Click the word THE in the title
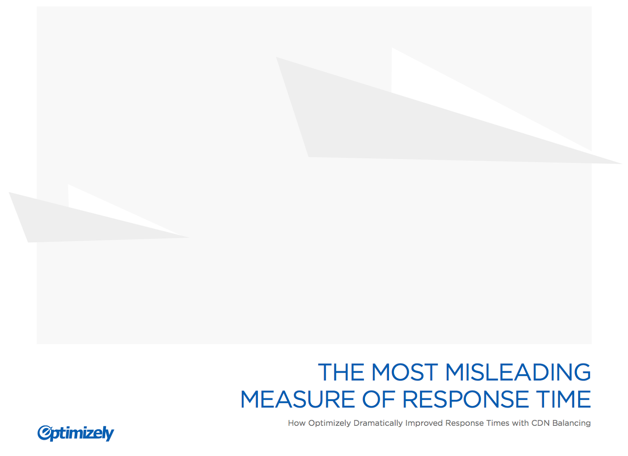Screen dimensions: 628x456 coord(341,372)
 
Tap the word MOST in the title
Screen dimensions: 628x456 coord(405,372)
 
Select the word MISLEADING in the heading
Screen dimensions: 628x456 coord(518,372)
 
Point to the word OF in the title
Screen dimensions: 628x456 coord(378,399)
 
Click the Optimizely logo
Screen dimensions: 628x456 coord(76,433)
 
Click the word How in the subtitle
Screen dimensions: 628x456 coord(297,423)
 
